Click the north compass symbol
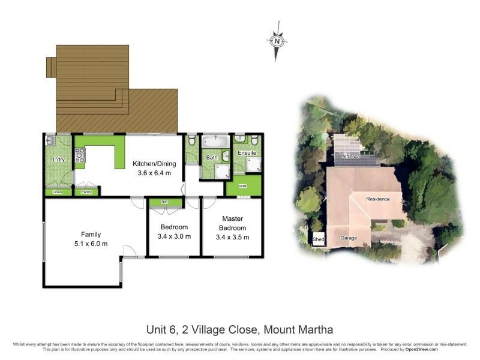point(276,40)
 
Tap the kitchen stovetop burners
point(79,155)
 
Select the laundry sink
point(50,141)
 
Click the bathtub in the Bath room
point(214,142)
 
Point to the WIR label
point(243,186)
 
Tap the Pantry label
point(86,192)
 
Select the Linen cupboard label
point(58,192)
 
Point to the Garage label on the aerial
point(349,238)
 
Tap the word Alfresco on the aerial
point(351,156)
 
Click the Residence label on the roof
point(378,199)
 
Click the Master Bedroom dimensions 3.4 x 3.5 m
point(232,237)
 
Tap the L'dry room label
point(58,160)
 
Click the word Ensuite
point(247,153)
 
